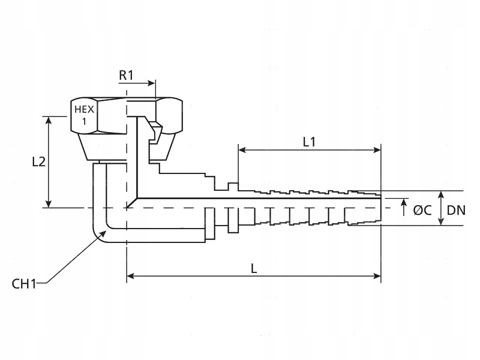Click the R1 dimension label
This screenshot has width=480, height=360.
[127, 76]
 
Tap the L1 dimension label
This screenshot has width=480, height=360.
[309, 142]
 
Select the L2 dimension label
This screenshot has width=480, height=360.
[38, 162]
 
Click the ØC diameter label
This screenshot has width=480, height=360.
[422, 210]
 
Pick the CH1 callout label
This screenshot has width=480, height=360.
[25, 283]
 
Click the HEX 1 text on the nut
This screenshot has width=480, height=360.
[83, 115]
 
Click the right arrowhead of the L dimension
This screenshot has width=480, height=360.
[377, 277]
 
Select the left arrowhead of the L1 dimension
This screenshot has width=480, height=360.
[242, 150]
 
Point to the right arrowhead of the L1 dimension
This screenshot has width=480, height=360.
[377, 150]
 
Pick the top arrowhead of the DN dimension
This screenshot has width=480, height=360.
[441, 195]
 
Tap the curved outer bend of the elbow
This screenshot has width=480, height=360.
[98, 235]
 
